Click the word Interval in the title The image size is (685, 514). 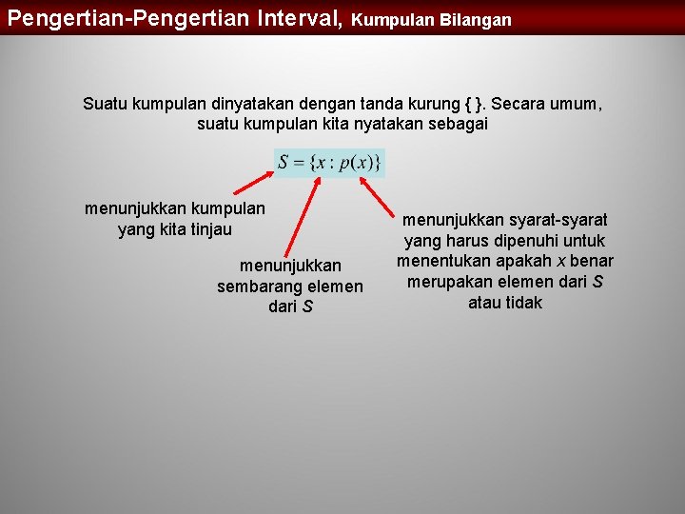[295, 17]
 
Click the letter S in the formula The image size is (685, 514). [283, 163]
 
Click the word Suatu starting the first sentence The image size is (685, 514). [103, 103]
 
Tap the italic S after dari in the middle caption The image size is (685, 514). [307, 306]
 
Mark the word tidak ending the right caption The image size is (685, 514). [523, 303]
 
